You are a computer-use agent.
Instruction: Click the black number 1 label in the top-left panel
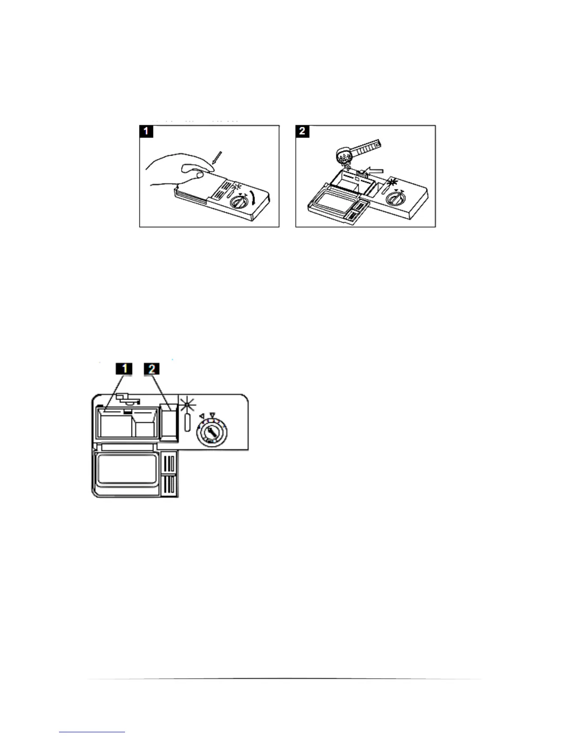click(146, 131)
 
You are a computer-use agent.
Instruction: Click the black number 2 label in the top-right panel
click(302, 131)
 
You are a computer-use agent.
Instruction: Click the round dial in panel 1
click(239, 203)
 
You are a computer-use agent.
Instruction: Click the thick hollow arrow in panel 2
click(376, 172)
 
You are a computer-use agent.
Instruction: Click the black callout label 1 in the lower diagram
click(123, 369)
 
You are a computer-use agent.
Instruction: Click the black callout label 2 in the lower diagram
click(152, 369)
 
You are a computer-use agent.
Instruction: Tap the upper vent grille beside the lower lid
click(171, 464)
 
